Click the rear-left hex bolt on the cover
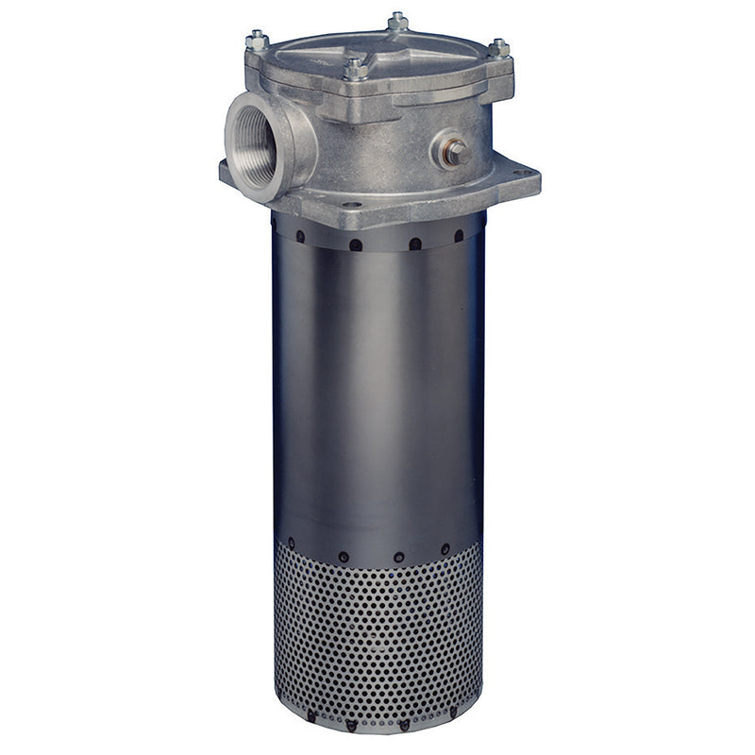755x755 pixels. [257, 40]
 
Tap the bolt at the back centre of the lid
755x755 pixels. [398, 20]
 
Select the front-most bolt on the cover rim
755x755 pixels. [355, 68]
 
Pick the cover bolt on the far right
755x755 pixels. [499, 46]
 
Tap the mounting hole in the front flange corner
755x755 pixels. [351, 204]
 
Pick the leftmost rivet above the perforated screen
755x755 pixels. [291, 542]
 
